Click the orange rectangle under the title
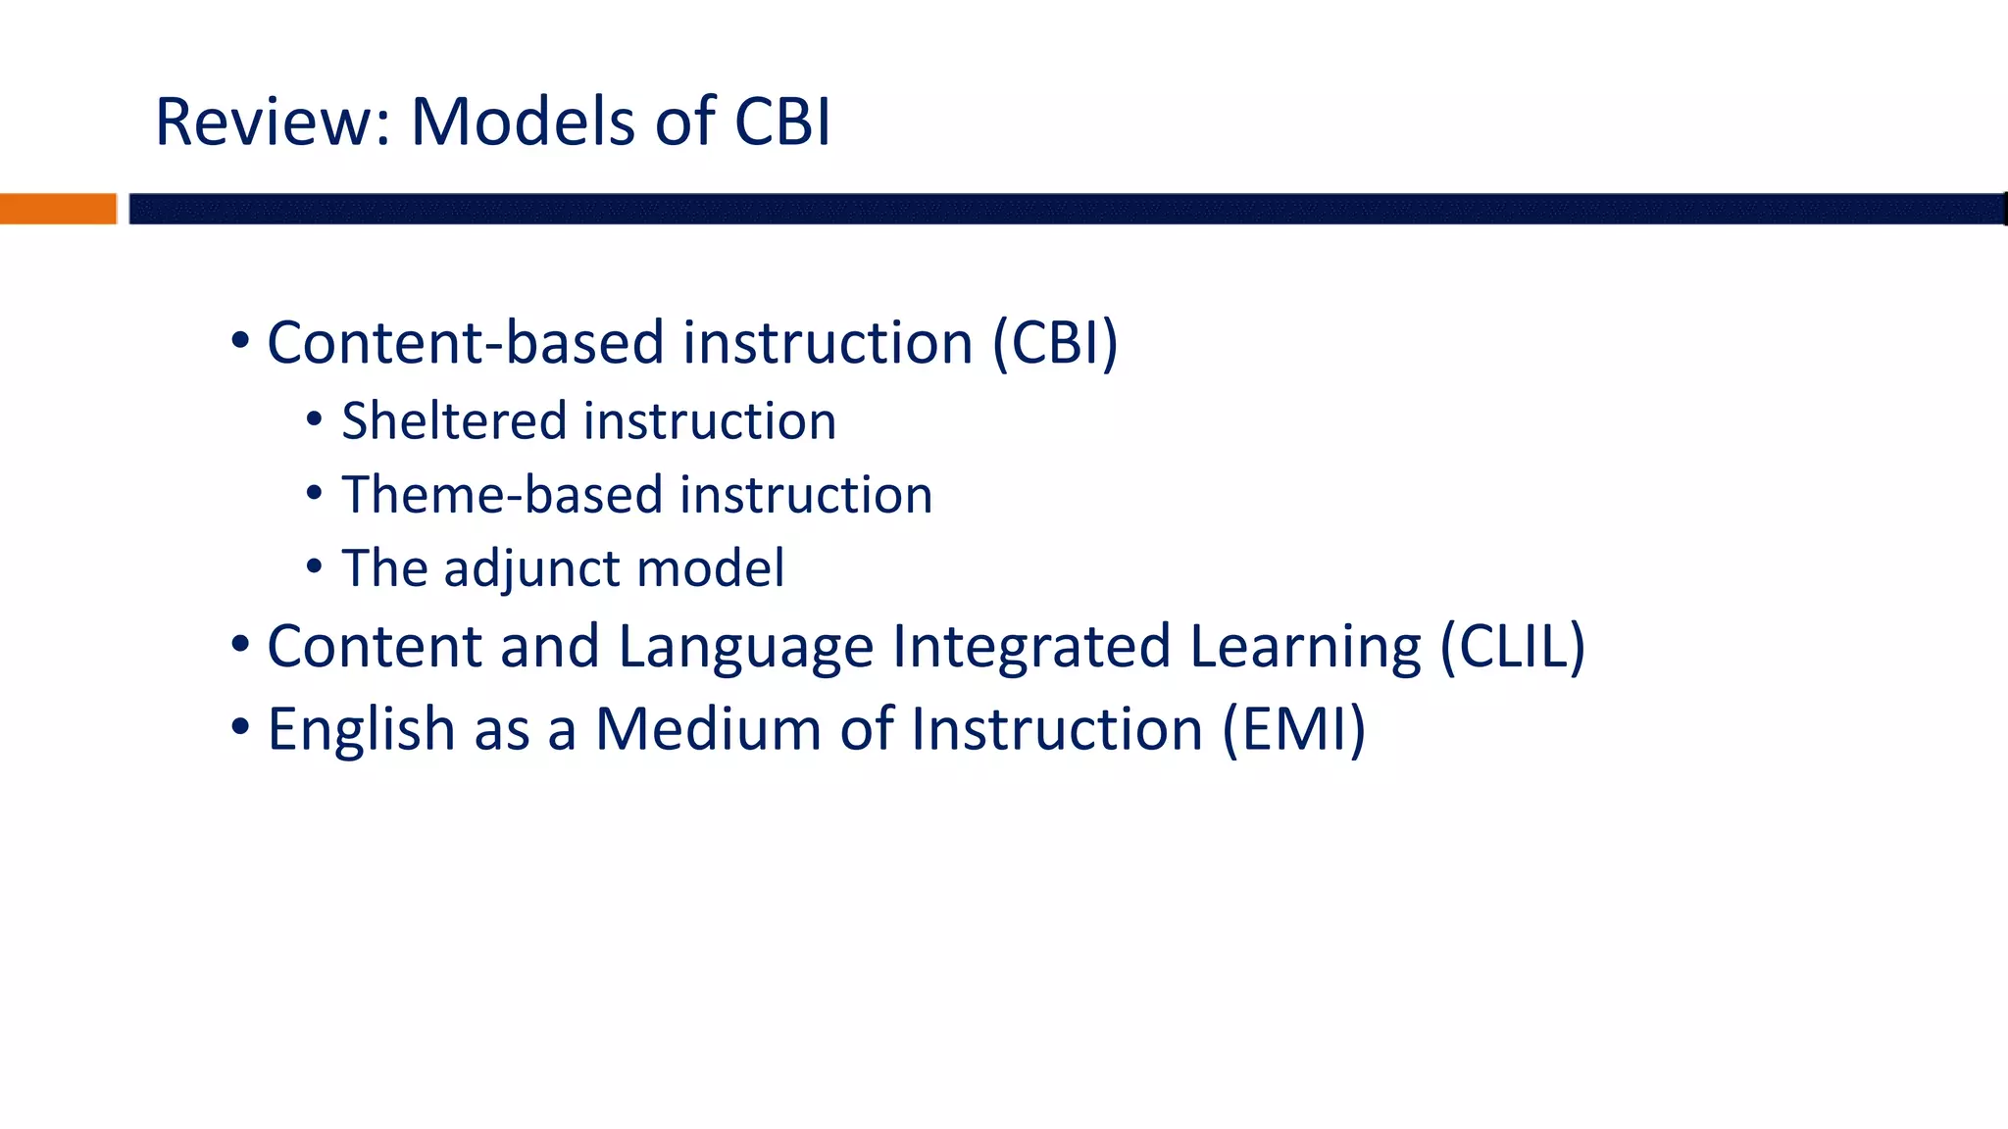58,209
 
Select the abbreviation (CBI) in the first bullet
1055,343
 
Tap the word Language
745,648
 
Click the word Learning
1304,648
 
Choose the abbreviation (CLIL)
1512,647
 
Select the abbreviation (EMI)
1293,730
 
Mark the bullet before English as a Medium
240,728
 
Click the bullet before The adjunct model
314,566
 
